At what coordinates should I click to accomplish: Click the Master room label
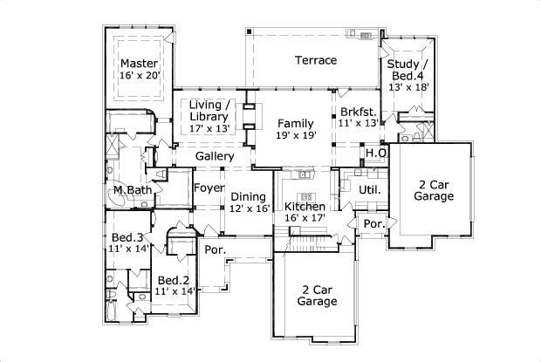point(139,63)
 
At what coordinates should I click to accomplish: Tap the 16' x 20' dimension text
point(139,76)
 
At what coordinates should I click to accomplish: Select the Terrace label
point(315,60)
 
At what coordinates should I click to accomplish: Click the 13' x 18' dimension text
point(407,86)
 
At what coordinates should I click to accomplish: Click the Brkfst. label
point(358,112)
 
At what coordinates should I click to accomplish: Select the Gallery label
point(214,156)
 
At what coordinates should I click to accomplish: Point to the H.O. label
point(376,154)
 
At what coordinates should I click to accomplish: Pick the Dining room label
point(248,196)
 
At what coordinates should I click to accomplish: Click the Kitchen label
point(305,207)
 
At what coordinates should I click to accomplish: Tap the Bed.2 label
point(174,280)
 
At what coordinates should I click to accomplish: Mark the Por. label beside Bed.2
point(214,249)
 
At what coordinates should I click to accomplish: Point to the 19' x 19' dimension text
point(297,135)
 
